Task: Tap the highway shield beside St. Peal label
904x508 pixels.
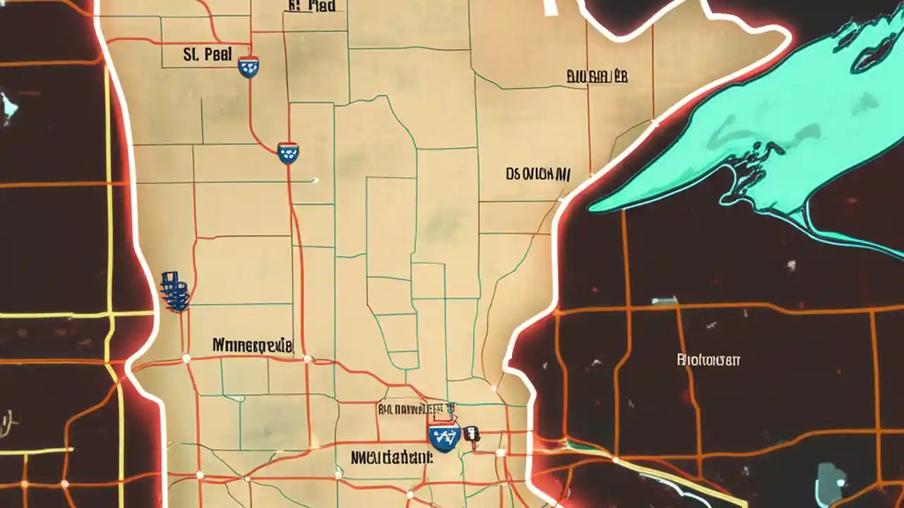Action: [x=249, y=67]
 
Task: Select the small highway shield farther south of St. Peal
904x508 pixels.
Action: [x=287, y=152]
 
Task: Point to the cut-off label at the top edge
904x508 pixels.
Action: [x=312, y=6]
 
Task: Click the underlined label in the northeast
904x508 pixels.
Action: [x=597, y=76]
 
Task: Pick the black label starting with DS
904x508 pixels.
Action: [x=538, y=174]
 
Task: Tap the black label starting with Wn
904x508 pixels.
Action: [x=252, y=346]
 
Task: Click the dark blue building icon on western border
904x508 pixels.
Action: [x=174, y=291]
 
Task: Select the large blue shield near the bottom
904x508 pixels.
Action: [x=444, y=437]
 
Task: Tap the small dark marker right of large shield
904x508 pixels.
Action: [x=472, y=435]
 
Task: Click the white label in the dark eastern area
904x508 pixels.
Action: [x=708, y=360]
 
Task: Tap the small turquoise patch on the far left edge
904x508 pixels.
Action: [x=8, y=105]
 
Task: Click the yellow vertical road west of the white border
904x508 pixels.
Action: [x=109, y=212]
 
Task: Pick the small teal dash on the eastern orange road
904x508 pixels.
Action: [x=664, y=301]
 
